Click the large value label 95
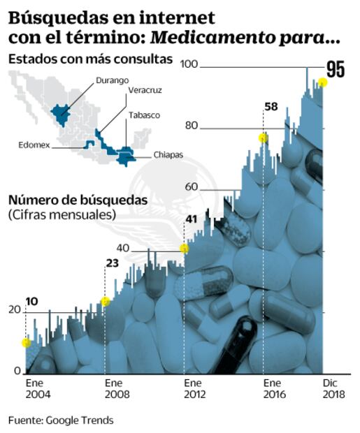pos(336,69)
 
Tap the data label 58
pos(271,107)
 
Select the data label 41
pos(192,220)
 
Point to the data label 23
pos(112,263)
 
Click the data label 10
pos(31,301)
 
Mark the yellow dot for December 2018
pos(322,82)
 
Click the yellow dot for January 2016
pos(263,138)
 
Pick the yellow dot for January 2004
pos(26,342)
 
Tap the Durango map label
pos(112,80)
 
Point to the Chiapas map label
pos(168,155)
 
